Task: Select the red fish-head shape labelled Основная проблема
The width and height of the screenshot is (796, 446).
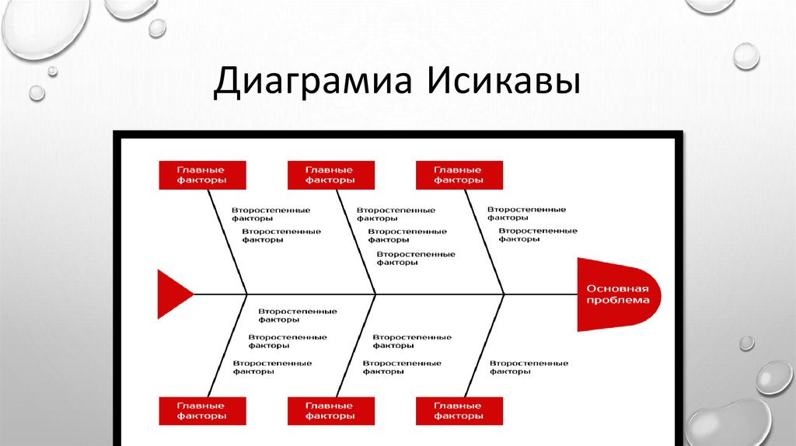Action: pyautogui.click(x=618, y=294)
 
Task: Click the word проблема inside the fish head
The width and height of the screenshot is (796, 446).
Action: pyautogui.click(x=618, y=301)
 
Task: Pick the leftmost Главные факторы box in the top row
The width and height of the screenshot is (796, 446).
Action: pyautogui.click(x=202, y=175)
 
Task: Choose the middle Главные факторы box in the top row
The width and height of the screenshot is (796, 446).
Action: pyautogui.click(x=330, y=175)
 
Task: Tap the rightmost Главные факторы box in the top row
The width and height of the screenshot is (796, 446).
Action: pyautogui.click(x=459, y=175)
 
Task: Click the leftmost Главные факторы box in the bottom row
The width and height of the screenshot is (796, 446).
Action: pyautogui.click(x=202, y=410)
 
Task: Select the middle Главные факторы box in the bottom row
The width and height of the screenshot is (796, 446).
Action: pyautogui.click(x=330, y=410)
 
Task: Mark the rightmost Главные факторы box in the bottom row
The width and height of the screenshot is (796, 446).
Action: pyautogui.click(x=459, y=410)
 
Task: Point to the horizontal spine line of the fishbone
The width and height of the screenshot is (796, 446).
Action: pyautogui.click(x=435, y=294)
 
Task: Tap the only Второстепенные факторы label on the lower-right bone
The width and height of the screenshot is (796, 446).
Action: pyautogui.click(x=529, y=367)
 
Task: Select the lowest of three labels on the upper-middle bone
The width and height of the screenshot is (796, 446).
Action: pyautogui.click(x=416, y=258)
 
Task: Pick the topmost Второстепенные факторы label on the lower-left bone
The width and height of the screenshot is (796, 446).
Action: pyautogui.click(x=298, y=315)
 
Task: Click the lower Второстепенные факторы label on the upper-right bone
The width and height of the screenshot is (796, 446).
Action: pyautogui.click(x=538, y=235)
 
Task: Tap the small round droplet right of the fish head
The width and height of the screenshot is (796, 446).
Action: pyautogui.click(x=746, y=343)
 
